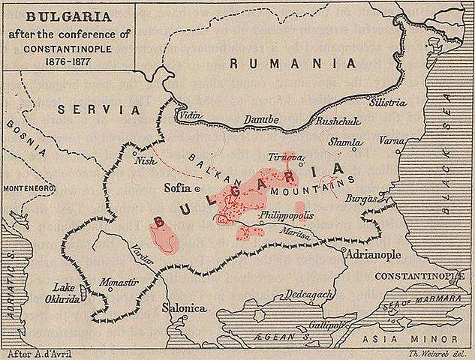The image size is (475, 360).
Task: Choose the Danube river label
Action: click(x=260, y=120)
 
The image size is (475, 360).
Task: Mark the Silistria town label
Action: click(x=388, y=102)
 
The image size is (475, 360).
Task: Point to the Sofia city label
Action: click(x=178, y=188)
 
